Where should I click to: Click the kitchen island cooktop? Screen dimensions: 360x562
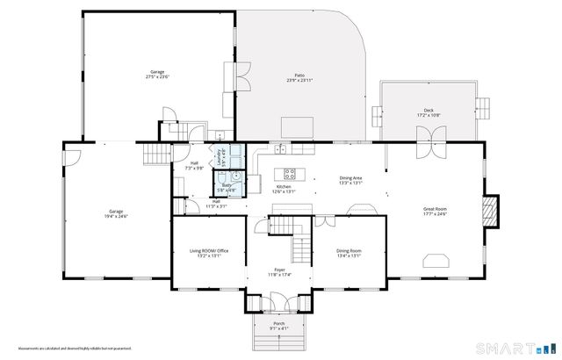285,173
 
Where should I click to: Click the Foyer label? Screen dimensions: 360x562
279,271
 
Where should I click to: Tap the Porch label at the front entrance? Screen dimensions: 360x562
279,326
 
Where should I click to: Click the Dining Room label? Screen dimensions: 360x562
349,253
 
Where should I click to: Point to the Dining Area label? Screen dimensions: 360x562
351,180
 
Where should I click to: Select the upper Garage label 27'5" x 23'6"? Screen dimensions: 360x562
157,74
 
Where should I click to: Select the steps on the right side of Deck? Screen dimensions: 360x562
484,112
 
